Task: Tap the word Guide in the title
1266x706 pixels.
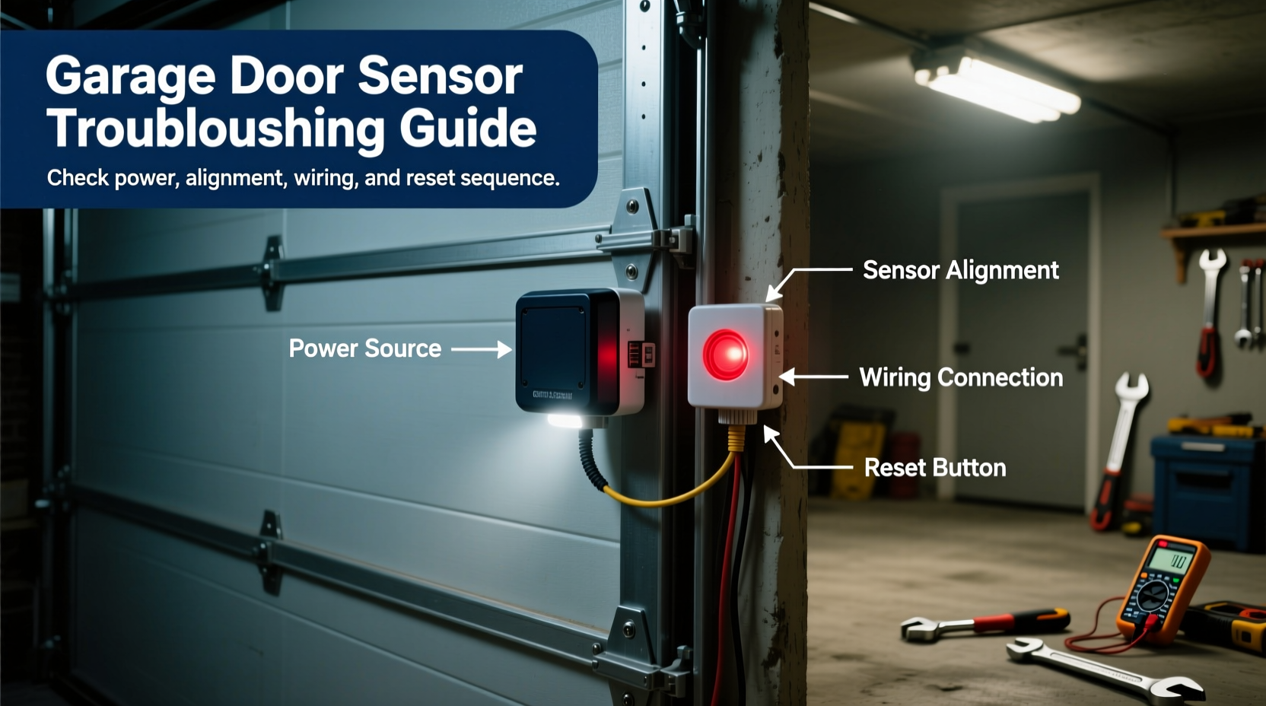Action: click(468, 128)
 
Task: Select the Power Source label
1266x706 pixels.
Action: click(364, 348)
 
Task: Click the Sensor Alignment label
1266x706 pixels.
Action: click(960, 270)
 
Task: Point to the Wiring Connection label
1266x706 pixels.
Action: click(960, 377)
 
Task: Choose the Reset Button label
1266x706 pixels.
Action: click(934, 467)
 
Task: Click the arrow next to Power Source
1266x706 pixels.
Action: click(482, 349)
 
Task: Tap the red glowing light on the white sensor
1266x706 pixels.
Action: click(726, 355)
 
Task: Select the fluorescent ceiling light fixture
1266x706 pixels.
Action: click(997, 86)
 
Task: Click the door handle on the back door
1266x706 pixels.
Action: click(1074, 351)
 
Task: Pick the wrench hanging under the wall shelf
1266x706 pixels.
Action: click(1209, 312)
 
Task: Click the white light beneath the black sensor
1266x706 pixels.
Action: click(565, 421)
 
